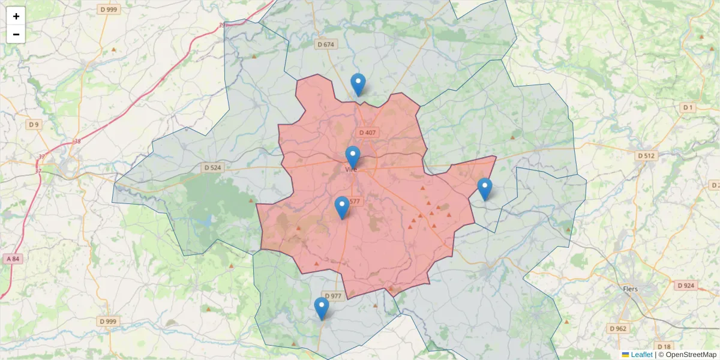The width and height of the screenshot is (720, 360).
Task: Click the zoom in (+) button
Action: (16, 16)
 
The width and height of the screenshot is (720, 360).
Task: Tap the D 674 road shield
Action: (326, 44)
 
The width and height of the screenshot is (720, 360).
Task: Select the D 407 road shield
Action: (367, 132)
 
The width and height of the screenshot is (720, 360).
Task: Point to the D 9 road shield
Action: (34, 124)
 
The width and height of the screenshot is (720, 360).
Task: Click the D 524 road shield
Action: (212, 168)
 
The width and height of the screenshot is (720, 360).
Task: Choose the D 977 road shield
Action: (332, 296)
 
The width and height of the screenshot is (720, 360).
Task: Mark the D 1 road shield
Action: (688, 107)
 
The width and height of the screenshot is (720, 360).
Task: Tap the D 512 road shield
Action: (646, 155)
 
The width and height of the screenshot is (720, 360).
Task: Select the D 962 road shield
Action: (618, 328)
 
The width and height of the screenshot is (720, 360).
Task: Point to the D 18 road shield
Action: (664, 347)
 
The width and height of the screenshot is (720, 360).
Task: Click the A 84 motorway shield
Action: (13, 259)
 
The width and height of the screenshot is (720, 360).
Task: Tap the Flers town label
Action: (631, 289)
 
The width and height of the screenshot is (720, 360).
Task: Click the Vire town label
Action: (351, 170)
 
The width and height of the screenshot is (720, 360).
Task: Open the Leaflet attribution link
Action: (641, 355)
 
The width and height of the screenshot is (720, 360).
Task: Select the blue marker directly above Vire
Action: (353, 158)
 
